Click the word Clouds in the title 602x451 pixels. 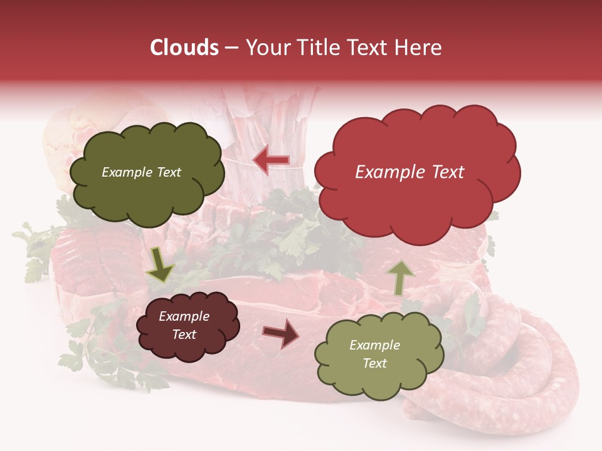(x=184, y=48)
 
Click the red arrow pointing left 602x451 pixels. (x=272, y=161)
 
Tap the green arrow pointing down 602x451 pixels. (x=160, y=264)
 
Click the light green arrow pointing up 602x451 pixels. (x=401, y=277)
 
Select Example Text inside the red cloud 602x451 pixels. (x=409, y=172)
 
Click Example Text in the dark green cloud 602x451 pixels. (x=141, y=172)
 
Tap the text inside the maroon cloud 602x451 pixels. (x=184, y=326)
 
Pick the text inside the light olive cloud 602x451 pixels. (x=374, y=354)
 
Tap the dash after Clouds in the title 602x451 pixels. (x=230, y=48)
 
